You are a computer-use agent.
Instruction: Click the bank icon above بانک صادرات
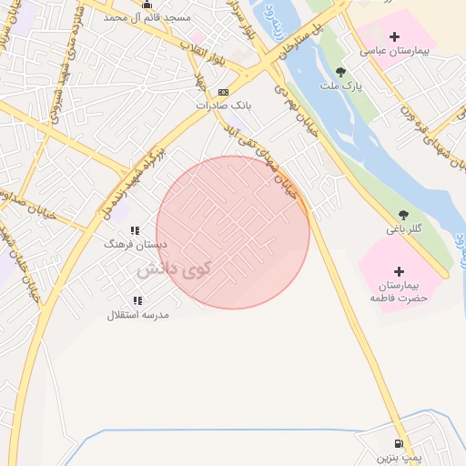tap(223, 92)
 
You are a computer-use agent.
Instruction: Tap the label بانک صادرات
tap(223, 105)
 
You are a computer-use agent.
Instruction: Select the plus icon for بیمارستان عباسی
tap(393, 37)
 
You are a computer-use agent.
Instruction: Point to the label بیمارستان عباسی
tap(394, 51)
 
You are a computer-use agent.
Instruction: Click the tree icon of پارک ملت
tap(340, 71)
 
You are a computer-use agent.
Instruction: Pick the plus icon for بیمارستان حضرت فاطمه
tap(399, 270)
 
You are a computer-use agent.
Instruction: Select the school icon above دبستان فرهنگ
tap(135, 231)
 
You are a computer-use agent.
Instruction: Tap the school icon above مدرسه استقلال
tap(137, 300)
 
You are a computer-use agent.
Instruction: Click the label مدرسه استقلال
tap(137, 315)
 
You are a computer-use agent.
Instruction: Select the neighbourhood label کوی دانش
tap(174, 270)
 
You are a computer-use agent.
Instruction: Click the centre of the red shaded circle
tap(233, 232)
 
